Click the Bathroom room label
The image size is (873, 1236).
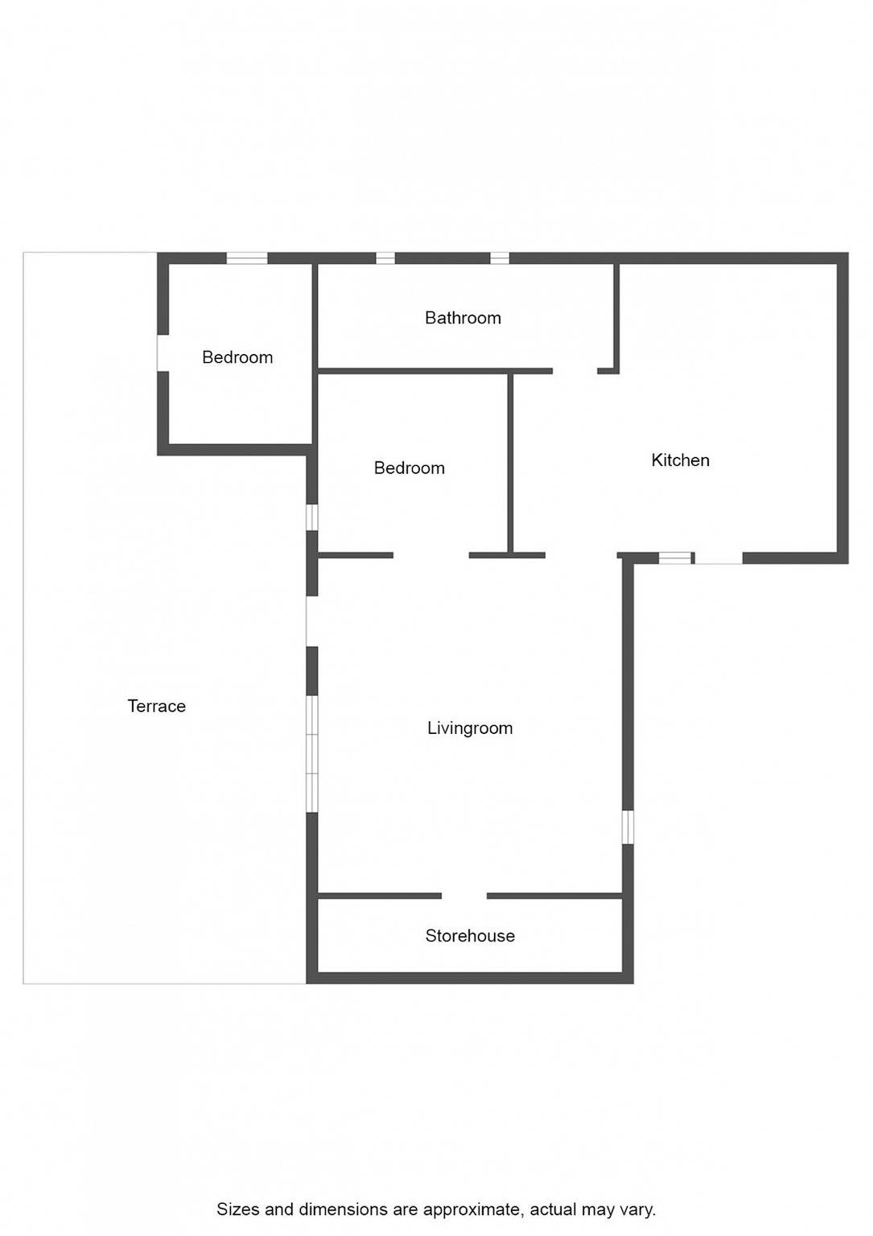click(x=463, y=318)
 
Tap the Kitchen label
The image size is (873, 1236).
click(x=680, y=459)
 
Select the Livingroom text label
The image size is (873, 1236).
click(x=470, y=727)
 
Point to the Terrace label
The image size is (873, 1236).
click(x=157, y=706)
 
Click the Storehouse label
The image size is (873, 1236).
click(x=470, y=935)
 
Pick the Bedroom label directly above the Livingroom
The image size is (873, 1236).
click(x=409, y=468)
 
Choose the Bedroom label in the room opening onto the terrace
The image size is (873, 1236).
click(x=237, y=357)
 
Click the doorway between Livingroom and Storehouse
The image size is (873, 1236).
click(x=464, y=896)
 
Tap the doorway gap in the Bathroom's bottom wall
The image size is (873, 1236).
click(x=575, y=371)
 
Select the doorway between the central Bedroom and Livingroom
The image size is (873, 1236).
click(x=431, y=555)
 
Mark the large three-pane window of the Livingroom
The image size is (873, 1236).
click(x=312, y=753)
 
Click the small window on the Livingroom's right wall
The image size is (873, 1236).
click(x=628, y=826)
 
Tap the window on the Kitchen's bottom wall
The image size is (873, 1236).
click(x=675, y=558)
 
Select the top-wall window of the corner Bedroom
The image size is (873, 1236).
click(x=247, y=258)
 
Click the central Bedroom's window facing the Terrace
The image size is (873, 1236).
click(x=312, y=517)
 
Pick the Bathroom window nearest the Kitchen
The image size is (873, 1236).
click(x=500, y=258)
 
